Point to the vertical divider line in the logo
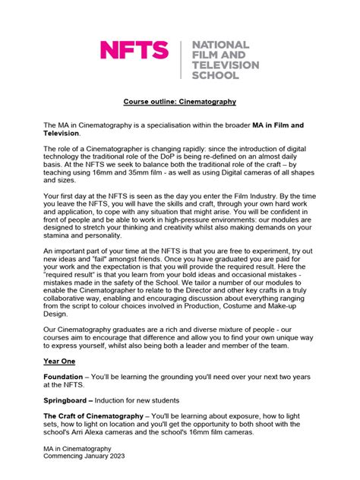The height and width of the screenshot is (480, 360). coord(180,61)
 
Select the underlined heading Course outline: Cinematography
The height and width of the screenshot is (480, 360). coord(180,101)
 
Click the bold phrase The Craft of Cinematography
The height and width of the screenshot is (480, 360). coord(93,416)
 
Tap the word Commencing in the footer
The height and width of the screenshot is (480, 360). coord(63,456)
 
